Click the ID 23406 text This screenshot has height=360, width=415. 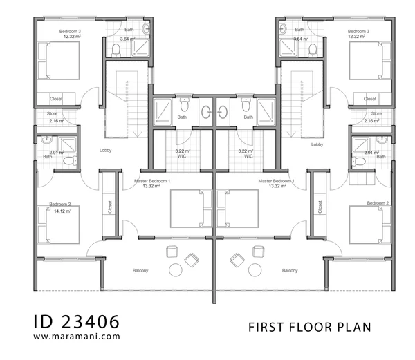point(77,322)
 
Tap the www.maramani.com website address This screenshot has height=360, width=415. point(77,337)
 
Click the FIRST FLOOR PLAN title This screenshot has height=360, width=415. point(310,328)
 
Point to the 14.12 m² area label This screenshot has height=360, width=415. point(63,211)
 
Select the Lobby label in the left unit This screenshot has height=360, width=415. point(105,151)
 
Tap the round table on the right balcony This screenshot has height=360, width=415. point(255,270)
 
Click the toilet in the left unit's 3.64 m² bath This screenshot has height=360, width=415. point(116,50)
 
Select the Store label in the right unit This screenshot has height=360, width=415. point(376,113)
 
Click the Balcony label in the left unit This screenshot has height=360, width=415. point(140,271)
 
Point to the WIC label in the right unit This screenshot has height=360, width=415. point(248,156)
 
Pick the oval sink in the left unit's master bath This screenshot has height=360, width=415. point(206,112)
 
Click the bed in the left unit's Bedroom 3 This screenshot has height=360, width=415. point(59,61)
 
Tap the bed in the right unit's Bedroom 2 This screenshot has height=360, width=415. point(370,225)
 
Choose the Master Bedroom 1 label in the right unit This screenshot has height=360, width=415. point(276,181)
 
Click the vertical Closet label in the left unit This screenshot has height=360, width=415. point(110,207)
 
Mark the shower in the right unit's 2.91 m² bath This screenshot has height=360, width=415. point(361,144)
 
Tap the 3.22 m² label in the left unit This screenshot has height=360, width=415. point(183,151)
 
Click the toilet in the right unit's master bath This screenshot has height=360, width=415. point(246,104)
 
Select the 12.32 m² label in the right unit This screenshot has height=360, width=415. point(356,37)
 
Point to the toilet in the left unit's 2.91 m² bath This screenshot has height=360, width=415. point(70,161)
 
